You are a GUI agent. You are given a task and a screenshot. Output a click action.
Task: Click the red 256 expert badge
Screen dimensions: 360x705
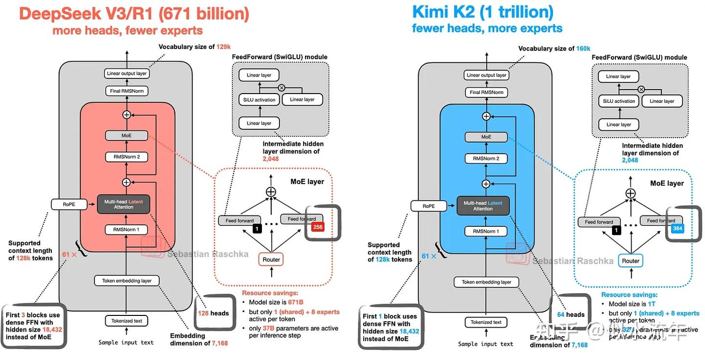pos(317,227)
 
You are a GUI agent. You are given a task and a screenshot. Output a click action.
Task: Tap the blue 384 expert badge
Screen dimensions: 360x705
pos(677,228)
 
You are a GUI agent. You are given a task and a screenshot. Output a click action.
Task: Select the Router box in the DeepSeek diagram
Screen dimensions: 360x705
pos(271,259)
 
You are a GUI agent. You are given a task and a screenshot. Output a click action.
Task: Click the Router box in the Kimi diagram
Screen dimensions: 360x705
pos(631,261)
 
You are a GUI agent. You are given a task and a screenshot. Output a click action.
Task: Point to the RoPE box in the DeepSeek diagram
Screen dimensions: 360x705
pos(69,204)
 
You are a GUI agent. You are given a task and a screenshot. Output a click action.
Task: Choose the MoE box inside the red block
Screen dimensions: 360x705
pos(127,135)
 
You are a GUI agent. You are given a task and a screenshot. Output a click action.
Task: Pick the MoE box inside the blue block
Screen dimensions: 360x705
pos(486,137)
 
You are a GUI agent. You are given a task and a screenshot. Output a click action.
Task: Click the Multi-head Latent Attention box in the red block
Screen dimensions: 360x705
pos(123,204)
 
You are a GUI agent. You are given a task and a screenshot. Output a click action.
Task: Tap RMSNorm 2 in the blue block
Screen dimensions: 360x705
pos(486,158)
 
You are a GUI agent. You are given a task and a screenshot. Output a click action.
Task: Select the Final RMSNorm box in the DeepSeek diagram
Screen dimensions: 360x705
pos(127,91)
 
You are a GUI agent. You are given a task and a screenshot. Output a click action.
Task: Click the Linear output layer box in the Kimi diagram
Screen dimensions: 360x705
pos(486,75)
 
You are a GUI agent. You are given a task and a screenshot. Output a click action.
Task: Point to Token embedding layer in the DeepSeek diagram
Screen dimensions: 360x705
pos(127,281)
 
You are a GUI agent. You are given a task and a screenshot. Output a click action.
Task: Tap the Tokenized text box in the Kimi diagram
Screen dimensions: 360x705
pos(486,322)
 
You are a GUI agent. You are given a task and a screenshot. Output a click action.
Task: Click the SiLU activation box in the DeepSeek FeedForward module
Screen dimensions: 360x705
pos(259,99)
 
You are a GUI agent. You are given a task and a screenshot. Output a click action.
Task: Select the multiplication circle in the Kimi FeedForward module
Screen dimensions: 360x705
pos(641,89)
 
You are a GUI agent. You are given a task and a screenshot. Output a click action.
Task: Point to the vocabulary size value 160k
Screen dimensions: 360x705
pos(583,48)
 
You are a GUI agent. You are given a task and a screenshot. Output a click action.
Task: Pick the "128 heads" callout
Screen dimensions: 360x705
pos(213,313)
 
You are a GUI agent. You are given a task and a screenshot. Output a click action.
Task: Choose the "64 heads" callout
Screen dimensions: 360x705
pos(571,314)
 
